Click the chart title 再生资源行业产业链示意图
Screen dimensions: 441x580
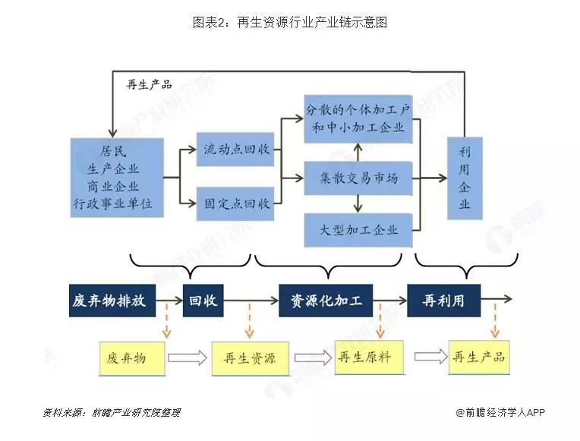pyautogui.click(x=290, y=23)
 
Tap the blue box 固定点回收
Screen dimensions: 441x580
pyautogui.click(x=234, y=203)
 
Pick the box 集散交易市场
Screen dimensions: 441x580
pyautogui.click(x=358, y=178)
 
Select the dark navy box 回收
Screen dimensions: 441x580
pyautogui.click(x=203, y=301)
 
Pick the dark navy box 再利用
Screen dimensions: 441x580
pyautogui.click(x=444, y=301)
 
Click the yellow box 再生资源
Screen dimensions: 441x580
pyautogui.click(x=249, y=358)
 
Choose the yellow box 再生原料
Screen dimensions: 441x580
pyautogui.click(x=370, y=356)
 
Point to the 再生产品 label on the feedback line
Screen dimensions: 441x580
pyautogui.click(x=149, y=84)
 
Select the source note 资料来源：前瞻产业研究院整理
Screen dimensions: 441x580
pyautogui.click(x=111, y=413)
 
